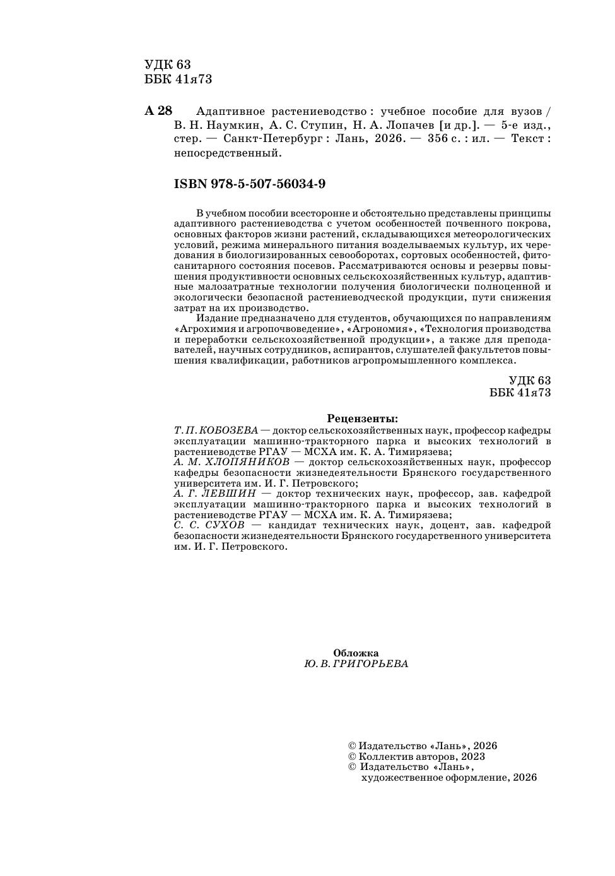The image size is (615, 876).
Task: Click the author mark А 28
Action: point(158,111)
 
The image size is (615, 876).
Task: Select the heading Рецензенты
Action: point(362,418)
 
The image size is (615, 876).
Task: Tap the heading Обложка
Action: point(356,653)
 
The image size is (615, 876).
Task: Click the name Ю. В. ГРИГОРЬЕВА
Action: point(356,664)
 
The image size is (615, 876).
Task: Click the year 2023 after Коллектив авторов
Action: point(473,756)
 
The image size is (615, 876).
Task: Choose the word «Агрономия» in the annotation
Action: point(385,329)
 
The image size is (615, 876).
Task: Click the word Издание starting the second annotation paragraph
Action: point(216,319)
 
